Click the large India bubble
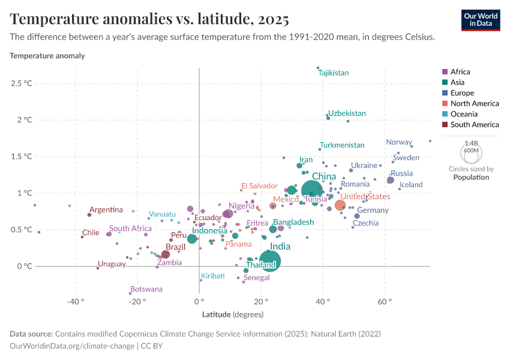pos(269,261)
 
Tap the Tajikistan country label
pos(334,73)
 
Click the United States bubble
pos(340,205)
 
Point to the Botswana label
pos(146,289)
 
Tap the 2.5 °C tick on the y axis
pos(22,83)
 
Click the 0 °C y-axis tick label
pos(24,266)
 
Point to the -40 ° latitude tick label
pos(75,301)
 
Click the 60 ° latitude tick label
pos(385,301)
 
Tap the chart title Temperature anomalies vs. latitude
pos(149,19)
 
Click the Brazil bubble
pos(166,254)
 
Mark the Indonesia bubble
pos(192,239)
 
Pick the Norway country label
pos(399,142)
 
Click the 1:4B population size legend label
pos(470,143)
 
